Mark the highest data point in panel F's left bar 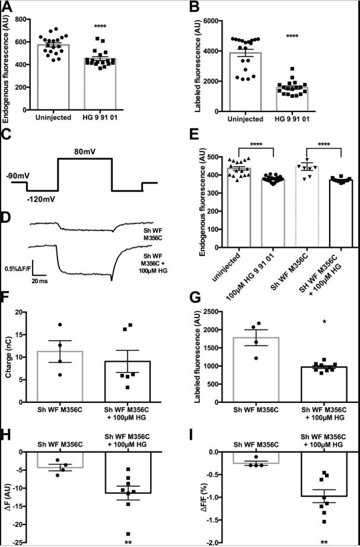coord(59,325)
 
